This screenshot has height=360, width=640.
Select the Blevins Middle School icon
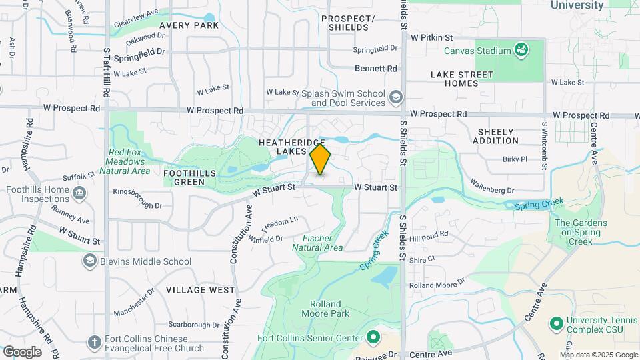coord(89,261)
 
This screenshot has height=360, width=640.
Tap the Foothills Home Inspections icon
coord(79,194)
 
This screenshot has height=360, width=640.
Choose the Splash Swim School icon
coord(397,98)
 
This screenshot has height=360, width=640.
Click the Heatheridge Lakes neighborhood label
coord(291,147)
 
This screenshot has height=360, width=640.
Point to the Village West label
coord(201,290)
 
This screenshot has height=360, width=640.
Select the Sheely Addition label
coord(495,136)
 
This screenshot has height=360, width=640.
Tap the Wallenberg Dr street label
coord(492,185)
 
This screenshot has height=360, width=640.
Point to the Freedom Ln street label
coord(281,221)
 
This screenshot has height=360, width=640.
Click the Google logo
coord(21,351)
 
